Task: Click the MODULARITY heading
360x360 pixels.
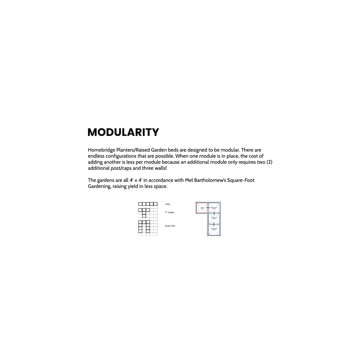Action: [x=123, y=132]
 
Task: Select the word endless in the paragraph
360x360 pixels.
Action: [x=97, y=156]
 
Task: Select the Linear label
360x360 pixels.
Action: [x=168, y=204]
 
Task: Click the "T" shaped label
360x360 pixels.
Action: [x=169, y=212]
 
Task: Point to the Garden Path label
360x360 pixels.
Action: [x=170, y=226]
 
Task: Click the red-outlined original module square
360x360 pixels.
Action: [x=202, y=208]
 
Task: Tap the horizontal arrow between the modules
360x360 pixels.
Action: [x=208, y=208]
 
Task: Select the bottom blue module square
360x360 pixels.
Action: [x=214, y=230]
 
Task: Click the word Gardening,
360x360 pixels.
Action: [x=100, y=186]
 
